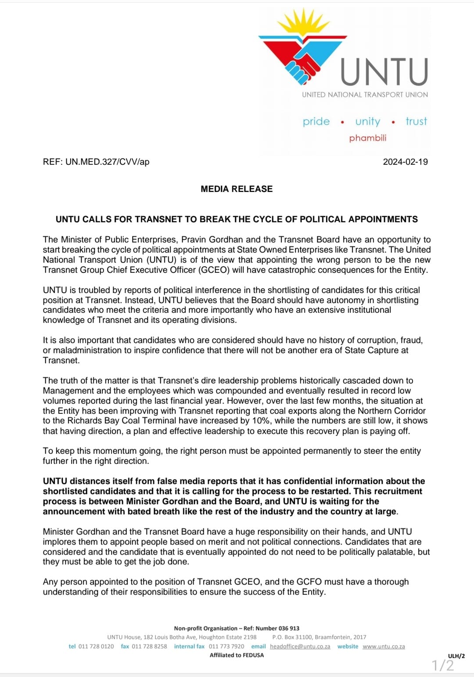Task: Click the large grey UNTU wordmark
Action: (384, 72)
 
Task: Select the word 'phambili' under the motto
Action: (368, 138)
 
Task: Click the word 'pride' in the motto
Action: (316, 121)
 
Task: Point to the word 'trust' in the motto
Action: (416, 121)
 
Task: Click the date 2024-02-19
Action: (405, 162)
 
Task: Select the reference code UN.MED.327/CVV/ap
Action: (107, 162)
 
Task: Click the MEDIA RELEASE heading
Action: (237, 189)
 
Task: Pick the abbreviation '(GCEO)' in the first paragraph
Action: (214, 270)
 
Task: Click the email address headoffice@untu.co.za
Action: (300, 646)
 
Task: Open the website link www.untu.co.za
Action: (384, 646)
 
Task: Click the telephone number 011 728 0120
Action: (96, 646)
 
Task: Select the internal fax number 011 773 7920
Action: (226, 646)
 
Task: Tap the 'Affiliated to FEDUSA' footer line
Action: (237, 655)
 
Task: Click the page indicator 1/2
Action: (443, 665)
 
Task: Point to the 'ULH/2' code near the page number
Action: (456, 656)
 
